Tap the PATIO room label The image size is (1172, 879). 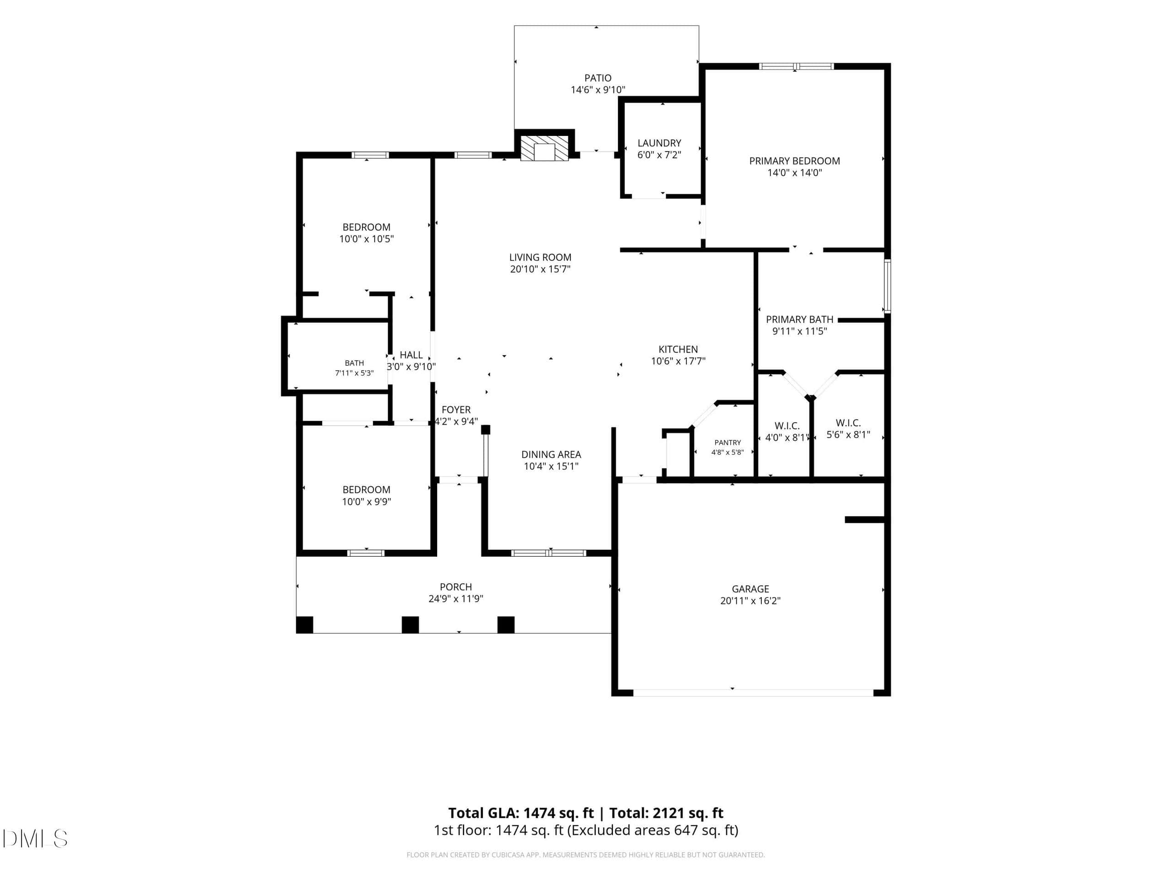pyautogui.click(x=597, y=78)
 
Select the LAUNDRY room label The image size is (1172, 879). pyautogui.click(x=659, y=143)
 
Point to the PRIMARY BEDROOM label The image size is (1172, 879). pyautogui.click(x=794, y=161)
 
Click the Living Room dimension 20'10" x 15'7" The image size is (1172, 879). pyautogui.click(x=540, y=269)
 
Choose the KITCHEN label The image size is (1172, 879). pyautogui.click(x=678, y=349)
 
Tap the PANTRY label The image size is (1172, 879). pyautogui.click(x=727, y=442)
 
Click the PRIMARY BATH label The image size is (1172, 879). pyautogui.click(x=799, y=320)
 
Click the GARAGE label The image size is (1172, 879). pyautogui.click(x=750, y=589)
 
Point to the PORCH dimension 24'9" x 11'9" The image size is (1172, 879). pyautogui.click(x=456, y=599)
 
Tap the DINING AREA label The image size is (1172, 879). pyautogui.click(x=551, y=455)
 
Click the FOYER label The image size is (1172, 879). pyautogui.click(x=456, y=410)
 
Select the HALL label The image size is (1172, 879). pyautogui.click(x=411, y=355)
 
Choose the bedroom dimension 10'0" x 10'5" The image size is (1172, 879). pyautogui.click(x=366, y=239)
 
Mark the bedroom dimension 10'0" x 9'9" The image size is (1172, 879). pyautogui.click(x=366, y=502)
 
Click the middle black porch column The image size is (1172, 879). pyautogui.click(x=410, y=624)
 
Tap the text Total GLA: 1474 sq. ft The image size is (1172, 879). pyautogui.click(x=521, y=813)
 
